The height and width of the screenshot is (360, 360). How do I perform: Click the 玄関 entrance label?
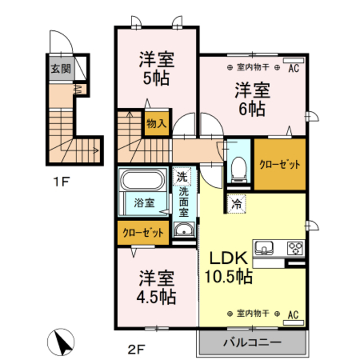pyautogui.click(x=61, y=70)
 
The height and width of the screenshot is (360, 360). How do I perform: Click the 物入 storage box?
pyautogui.click(x=156, y=123)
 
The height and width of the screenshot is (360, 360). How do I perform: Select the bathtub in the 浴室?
pyautogui.click(x=142, y=182)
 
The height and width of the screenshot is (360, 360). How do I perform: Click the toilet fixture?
pyautogui.click(x=239, y=168)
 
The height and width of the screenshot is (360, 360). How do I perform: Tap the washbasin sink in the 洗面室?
pyautogui.click(x=183, y=230)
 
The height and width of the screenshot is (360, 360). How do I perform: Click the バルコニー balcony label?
pyautogui.click(x=251, y=341)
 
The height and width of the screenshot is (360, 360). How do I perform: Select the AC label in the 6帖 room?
pyautogui.click(x=292, y=68)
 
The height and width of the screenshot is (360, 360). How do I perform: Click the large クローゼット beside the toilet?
pyautogui.click(x=280, y=165)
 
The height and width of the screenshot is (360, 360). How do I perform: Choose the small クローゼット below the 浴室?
pyautogui.click(x=143, y=232)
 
